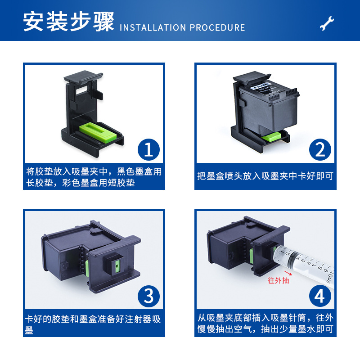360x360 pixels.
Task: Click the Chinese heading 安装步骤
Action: click(x=69, y=22)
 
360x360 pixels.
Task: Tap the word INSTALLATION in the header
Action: click(x=153, y=27)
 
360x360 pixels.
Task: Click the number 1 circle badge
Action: click(x=149, y=149)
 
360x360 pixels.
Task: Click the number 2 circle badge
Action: click(x=320, y=149)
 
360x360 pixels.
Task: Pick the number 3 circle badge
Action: click(x=149, y=296)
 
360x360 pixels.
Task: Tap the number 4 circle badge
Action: click(x=320, y=296)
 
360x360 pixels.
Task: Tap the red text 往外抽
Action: click(x=279, y=281)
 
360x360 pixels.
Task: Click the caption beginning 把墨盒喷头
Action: click(x=265, y=176)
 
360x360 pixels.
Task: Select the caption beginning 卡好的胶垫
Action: click(x=94, y=324)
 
